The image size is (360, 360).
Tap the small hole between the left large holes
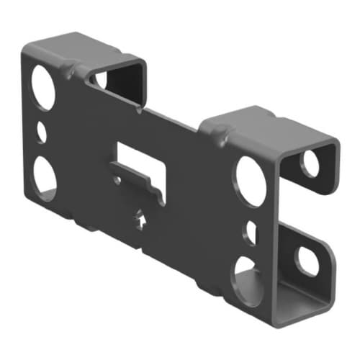(x=41, y=132)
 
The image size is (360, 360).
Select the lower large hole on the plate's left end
(x=45, y=177)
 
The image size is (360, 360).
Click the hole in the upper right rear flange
(x=310, y=164)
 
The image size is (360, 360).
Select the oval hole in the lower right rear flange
(x=309, y=261)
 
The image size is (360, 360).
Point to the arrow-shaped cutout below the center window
(x=141, y=217)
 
